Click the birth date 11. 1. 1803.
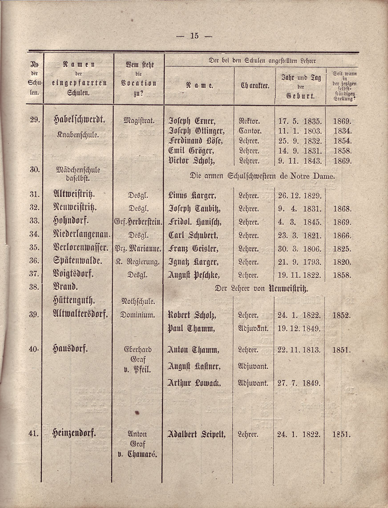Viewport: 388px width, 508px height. point(299,131)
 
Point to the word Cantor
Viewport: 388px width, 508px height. point(251,131)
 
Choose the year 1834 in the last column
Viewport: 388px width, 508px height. point(342,131)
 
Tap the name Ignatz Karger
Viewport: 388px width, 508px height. point(193,262)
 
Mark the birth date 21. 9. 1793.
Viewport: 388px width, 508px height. point(299,262)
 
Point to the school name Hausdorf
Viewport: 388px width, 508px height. point(70,349)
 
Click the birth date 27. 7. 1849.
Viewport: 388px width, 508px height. point(299,383)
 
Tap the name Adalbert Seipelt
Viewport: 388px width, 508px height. point(196,434)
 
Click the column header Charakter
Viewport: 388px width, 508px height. point(255,86)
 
